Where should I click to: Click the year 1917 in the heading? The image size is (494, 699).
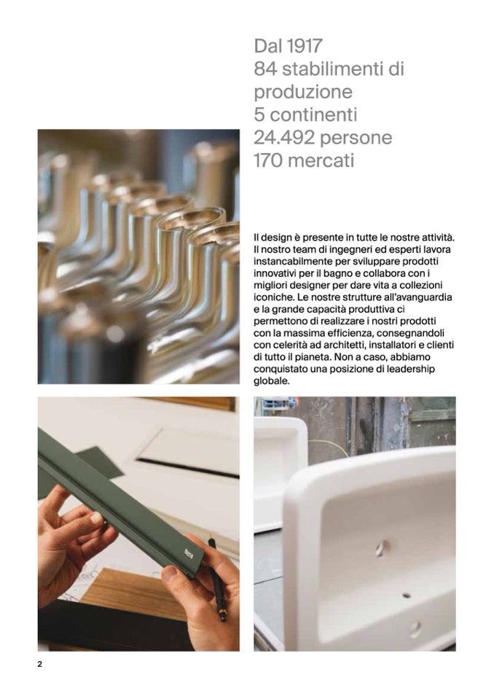coord(305,46)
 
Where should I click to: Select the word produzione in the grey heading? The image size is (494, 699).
coord(303,93)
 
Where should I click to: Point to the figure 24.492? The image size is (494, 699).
coord(284,138)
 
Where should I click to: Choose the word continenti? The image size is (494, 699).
coord(313,115)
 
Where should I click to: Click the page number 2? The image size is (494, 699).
coord(39,664)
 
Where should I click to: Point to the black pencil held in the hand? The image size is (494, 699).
coord(217,579)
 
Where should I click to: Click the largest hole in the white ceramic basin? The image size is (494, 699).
coord(383,548)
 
